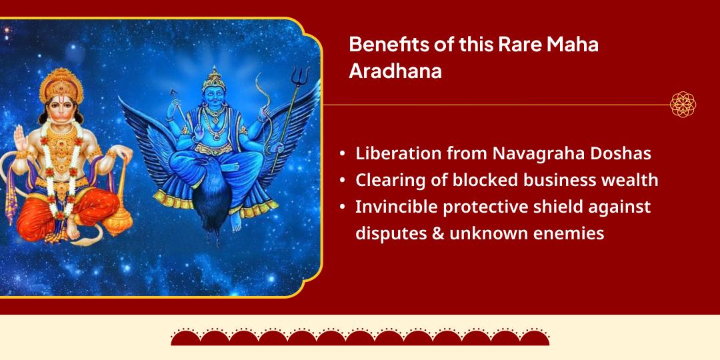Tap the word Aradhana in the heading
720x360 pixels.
point(395,71)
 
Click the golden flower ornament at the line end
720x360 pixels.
point(683,105)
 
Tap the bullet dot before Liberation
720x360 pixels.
point(342,154)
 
